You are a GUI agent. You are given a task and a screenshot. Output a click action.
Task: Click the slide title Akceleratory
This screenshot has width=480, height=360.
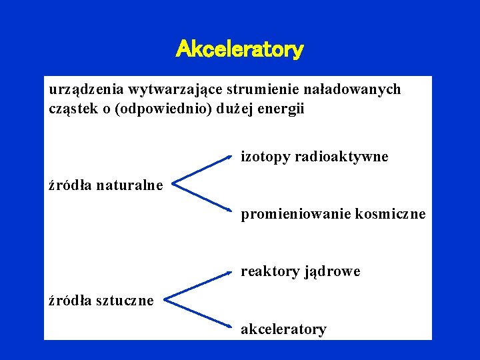pos(239,49)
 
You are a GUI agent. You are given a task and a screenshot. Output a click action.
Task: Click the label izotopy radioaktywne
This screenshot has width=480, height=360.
pos(314,157)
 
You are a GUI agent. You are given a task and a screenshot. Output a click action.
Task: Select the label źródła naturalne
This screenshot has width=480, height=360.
pos(106,185)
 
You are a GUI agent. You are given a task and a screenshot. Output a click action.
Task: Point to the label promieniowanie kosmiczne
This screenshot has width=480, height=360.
pos(333,215)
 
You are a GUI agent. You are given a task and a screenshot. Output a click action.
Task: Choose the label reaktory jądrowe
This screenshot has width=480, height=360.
pos(300,271)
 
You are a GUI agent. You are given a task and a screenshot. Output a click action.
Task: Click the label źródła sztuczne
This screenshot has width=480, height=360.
pos(101,301)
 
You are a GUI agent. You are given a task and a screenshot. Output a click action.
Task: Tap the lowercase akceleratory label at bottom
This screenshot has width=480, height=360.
pos(283,329)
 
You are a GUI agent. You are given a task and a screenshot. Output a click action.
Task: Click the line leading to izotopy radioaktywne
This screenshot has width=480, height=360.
pos(203,168)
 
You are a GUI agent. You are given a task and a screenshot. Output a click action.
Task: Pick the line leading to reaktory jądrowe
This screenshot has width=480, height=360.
pos(200,284)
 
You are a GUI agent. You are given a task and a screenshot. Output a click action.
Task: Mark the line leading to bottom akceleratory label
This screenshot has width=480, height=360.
pos(200,313)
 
